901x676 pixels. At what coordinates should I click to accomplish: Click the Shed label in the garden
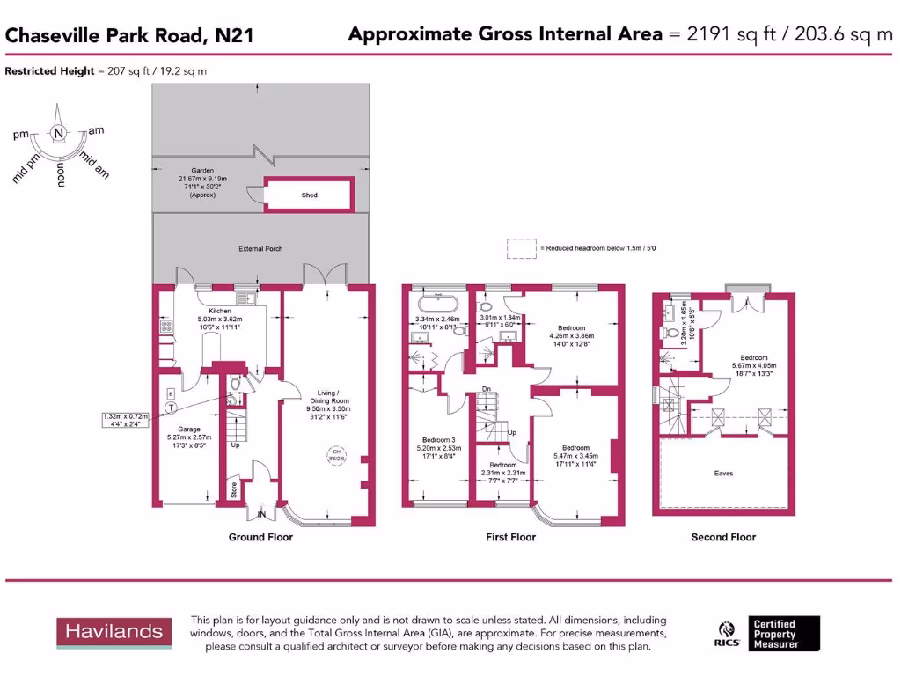(x=309, y=195)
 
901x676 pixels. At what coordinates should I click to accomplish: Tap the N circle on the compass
(x=58, y=134)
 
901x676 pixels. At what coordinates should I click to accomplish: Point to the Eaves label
(x=723, y=474)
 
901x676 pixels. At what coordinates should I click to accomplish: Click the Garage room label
(x=185, y=430)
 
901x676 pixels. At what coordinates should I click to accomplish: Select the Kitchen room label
(x=219, y=312)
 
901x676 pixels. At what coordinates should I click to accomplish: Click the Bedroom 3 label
(x=436, y=439)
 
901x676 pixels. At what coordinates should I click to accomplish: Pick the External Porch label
(x=261, y=249)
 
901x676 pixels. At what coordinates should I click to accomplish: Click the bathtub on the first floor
(x=437, y=305)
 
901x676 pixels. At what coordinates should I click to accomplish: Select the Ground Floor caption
(x=260, y=537)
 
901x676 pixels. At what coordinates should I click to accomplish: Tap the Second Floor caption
(x=723, y=537)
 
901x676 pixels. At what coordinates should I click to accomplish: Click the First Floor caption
(x=511, y=537)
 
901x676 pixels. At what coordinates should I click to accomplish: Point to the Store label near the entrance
(x=234, y=489)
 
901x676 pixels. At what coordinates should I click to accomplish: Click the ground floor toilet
(x=233, y=399)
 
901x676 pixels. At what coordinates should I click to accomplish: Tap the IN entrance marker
(x=261, y=514)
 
